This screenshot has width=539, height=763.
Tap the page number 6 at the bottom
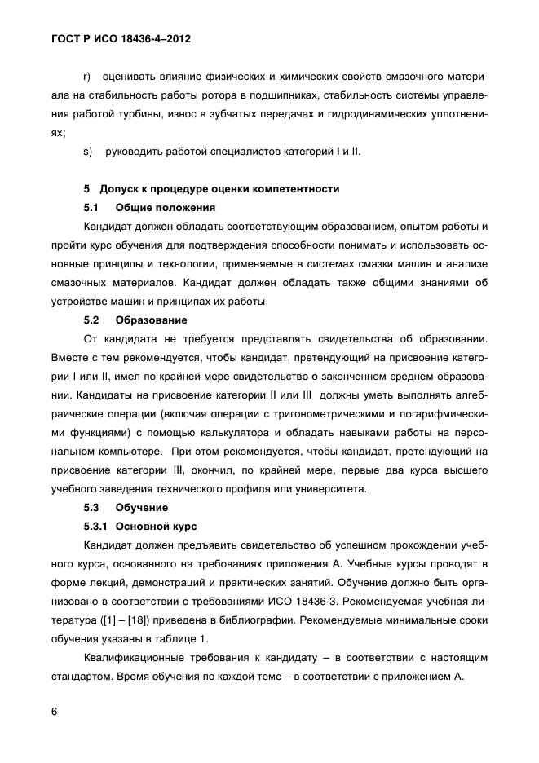pos(54,711)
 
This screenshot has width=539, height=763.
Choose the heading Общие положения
pos(166,207)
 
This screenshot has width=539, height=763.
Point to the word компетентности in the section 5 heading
pos(295,188)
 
